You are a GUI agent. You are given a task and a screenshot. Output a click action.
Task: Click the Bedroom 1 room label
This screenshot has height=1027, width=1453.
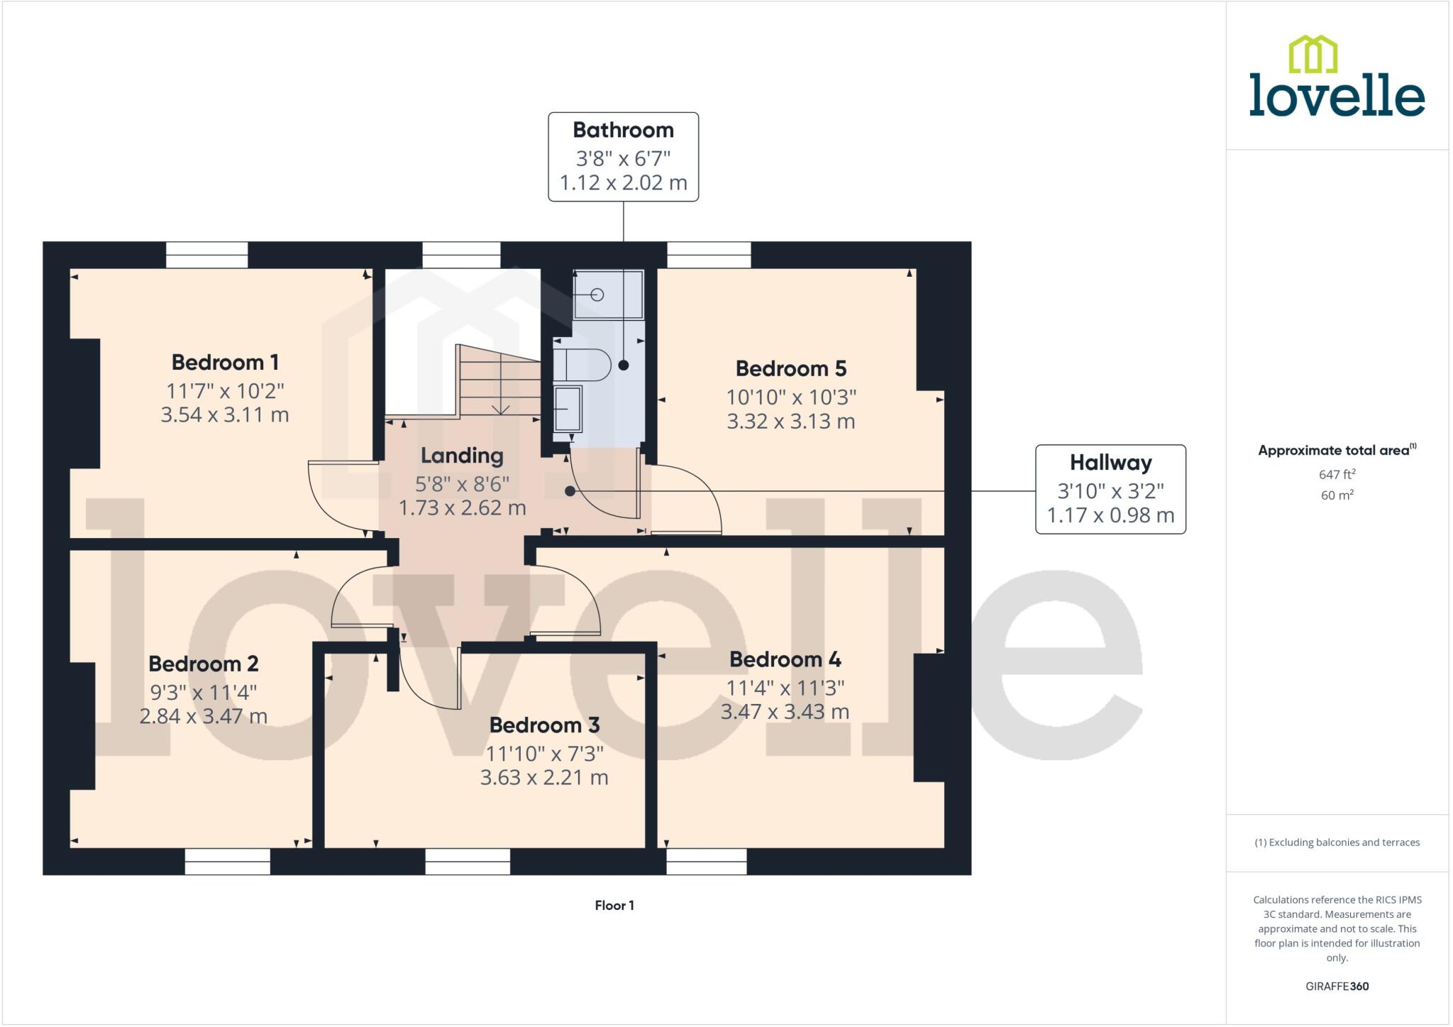click(225, 362)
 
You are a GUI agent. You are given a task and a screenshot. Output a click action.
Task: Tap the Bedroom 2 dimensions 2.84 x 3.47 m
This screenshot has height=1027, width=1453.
click(204, 716)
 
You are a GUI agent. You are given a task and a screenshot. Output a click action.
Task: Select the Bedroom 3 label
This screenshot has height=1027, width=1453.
click(544, 725)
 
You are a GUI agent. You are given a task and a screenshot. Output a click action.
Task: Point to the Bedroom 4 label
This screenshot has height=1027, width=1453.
click(785, 659)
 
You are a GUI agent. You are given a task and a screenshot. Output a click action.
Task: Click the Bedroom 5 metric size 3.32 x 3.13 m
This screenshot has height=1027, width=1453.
click(791, 421)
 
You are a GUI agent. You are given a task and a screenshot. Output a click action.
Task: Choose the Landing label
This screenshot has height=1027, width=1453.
click(462, 456)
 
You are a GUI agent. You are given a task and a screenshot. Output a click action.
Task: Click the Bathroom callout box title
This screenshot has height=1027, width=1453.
click(623, 130)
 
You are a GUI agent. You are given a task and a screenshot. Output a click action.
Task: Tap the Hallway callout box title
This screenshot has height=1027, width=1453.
click(1110, 463)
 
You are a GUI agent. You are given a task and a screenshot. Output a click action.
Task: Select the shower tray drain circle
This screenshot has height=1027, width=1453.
click(597, 295)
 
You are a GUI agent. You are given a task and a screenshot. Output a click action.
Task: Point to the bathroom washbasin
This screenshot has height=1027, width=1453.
click(568, 409)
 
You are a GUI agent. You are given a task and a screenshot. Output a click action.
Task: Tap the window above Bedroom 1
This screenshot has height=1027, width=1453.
click(207, 255)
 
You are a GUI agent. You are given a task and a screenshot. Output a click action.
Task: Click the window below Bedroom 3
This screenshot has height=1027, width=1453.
click(468, 862)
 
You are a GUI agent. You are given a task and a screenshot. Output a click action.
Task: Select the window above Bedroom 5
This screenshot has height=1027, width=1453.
click(709, 255)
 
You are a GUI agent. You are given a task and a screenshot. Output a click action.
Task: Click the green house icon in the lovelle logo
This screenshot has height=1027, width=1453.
click(1313, 54)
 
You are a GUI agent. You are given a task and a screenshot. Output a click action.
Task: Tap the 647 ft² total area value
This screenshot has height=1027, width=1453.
click(1337, 473)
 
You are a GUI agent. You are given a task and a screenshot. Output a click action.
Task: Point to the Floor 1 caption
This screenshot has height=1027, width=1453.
click(614, 905)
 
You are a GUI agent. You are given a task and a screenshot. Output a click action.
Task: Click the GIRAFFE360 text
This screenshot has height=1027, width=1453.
click(1337, 986)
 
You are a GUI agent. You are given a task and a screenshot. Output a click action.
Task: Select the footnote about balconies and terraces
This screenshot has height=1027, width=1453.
click(1337, 842)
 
